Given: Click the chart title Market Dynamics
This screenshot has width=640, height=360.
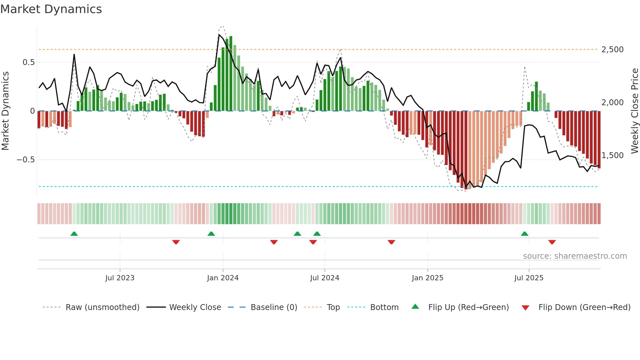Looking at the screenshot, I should (51, 9).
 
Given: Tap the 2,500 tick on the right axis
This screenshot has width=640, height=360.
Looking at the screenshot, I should (612, 50).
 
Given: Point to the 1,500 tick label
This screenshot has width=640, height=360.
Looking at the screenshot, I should (612, 155).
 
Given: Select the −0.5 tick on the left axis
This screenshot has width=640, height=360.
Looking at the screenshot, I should (25, 160).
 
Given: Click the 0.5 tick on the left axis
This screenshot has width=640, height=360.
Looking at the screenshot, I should (28, 62).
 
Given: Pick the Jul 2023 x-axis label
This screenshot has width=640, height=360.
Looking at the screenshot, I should (120, 278).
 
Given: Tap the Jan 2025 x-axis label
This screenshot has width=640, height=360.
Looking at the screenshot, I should (427, 278).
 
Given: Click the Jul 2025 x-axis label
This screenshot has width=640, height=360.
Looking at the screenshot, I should (529, 278).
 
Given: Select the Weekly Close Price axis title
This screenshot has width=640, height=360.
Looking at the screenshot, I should (634, 111).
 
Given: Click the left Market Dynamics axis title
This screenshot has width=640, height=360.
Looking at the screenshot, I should (5, 111).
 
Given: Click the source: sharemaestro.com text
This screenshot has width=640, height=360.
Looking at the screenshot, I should (575, 256).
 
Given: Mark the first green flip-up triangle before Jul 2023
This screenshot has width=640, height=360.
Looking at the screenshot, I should (74, 234).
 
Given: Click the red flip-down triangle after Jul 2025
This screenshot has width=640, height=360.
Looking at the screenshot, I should (552, 242).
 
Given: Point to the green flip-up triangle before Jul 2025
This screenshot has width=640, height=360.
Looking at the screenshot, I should (524, 234).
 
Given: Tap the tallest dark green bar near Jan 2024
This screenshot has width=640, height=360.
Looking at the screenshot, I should (231, 74).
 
